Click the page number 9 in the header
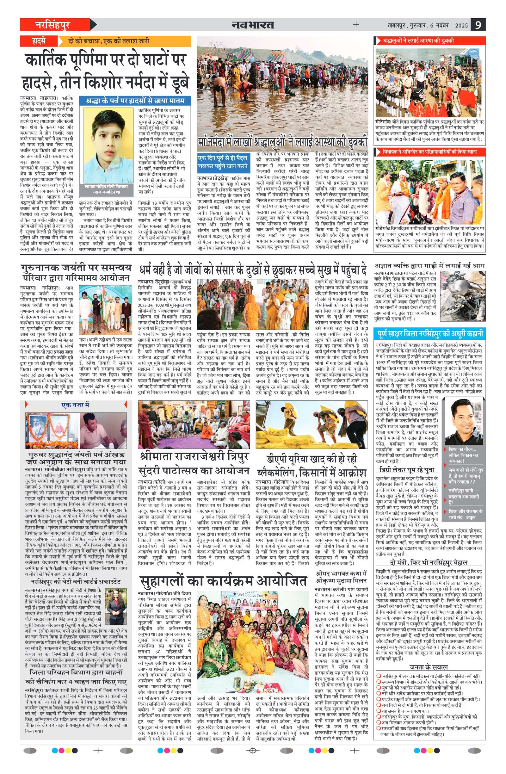pyautogui.click(x=478, y=25)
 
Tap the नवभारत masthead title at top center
pyautogui.click(x=253, y=25)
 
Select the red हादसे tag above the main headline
pyautogui.click(x=39, y=41)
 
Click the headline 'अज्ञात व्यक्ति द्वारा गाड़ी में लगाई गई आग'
pyautogui.click(x=429, y=265)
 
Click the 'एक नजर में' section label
pyautogui.click(x=76, y=405)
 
